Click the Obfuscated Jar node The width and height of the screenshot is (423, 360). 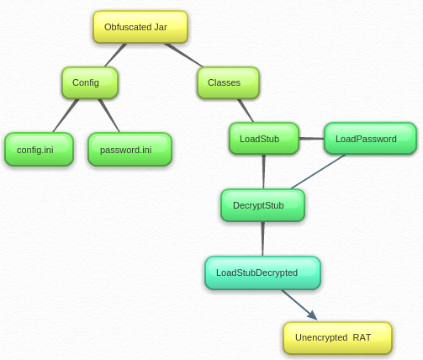140,27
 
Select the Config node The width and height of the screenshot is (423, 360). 89,82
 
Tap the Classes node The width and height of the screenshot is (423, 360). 228,82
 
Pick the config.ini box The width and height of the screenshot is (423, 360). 39,149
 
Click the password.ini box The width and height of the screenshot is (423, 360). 130,149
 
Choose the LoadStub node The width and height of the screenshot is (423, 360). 263,139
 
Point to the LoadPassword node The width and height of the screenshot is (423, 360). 370,139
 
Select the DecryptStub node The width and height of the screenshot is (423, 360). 262,205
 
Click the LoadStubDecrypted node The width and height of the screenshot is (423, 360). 262,273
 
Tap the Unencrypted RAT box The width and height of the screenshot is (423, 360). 337,337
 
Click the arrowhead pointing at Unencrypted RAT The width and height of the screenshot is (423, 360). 312,315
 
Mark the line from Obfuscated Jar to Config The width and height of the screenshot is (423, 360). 116,55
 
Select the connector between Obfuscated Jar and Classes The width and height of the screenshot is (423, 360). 184,55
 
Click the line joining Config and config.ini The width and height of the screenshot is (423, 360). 66,115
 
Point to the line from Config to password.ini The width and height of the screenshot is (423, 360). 108,115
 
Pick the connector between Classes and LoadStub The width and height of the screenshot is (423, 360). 245,110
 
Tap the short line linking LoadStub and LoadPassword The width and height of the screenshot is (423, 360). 311,139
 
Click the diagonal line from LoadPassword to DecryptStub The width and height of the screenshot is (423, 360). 318,172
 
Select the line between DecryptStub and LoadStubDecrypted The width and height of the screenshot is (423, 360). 262,239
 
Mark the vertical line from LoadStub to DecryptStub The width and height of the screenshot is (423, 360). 263,172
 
